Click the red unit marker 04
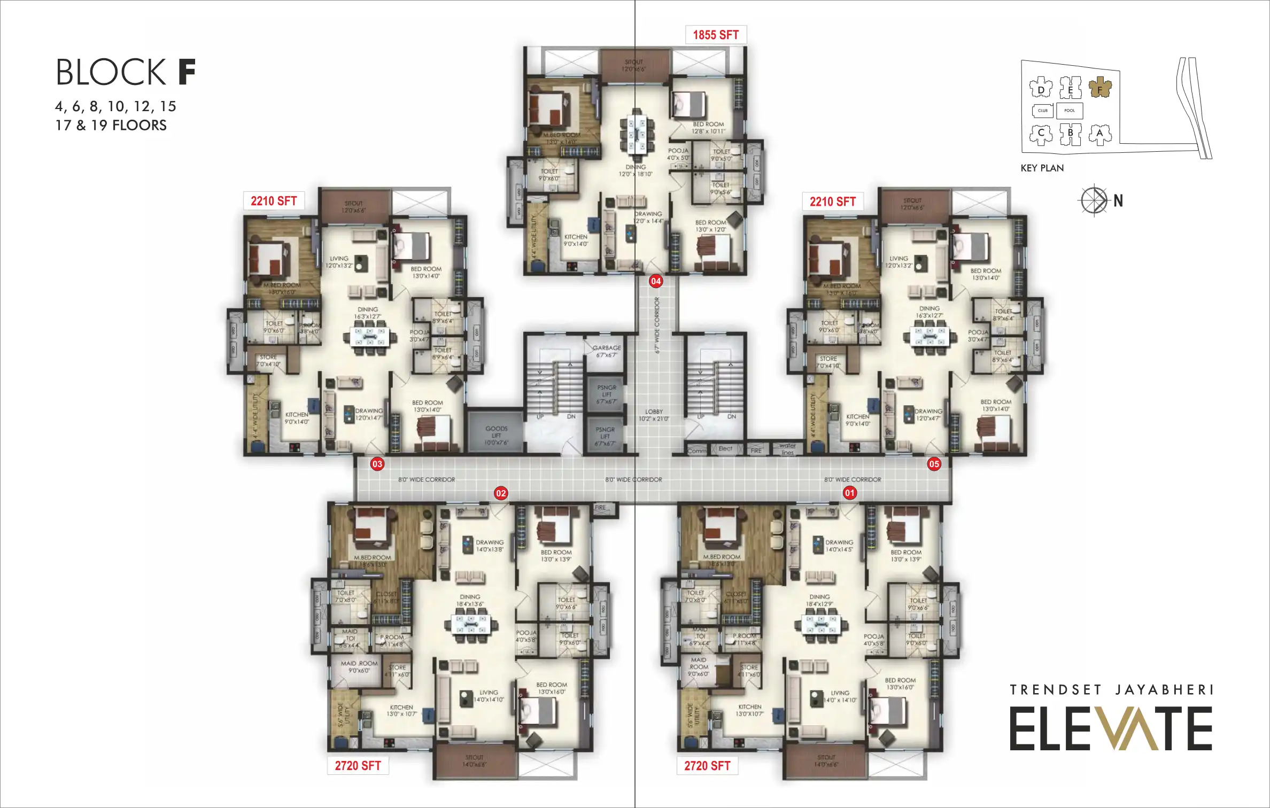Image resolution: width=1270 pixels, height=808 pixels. tap(655, 281)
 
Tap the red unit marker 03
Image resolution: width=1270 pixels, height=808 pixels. tap(377, 464)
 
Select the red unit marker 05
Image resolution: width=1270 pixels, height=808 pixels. tap(934, 464)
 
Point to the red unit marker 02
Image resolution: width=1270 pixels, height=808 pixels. tap(501, 493)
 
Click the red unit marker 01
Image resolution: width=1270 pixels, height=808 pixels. tap(850, 493)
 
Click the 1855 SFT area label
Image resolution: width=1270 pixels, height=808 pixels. tap(716, 35)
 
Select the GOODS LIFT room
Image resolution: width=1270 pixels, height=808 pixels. tap(495, 432)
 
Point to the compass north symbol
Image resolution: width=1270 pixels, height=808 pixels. tap(1094, 200)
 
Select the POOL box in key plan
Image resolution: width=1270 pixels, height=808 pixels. tap(1070, 111)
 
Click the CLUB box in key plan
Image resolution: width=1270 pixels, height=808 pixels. tap(1042, 111)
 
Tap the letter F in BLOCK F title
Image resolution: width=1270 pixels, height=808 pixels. tap(187, 72)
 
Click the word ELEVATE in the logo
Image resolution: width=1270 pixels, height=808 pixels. tap(1110, 729)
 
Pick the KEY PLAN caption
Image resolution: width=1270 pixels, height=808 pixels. tap(1042, 168)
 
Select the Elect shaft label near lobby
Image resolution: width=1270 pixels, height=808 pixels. tap(725, 449)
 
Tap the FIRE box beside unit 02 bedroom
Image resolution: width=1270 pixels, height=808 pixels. tap(600, 508)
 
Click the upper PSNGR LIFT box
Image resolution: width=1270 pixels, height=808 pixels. tap(606, 394)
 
